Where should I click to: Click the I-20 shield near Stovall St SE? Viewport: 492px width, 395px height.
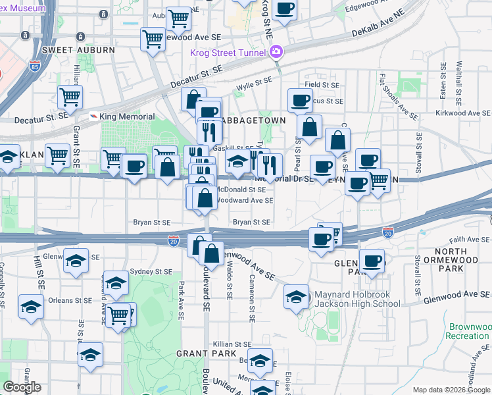[387, 232]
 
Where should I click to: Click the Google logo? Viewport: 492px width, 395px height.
[22, 387]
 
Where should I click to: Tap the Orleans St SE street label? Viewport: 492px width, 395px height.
[69, 300]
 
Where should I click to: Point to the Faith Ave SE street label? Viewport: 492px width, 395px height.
[467, 240]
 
